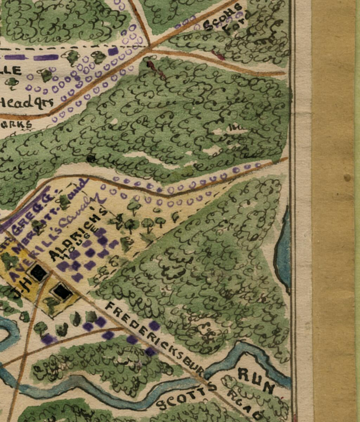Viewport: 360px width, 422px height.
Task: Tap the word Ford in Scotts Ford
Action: pyautogui.click(x=234, y=26)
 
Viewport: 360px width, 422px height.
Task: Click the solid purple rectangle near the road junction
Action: pyautogui.click(x=113, y=51)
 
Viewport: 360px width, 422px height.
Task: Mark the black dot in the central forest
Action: pyautogui.click(x=91, y=158)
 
